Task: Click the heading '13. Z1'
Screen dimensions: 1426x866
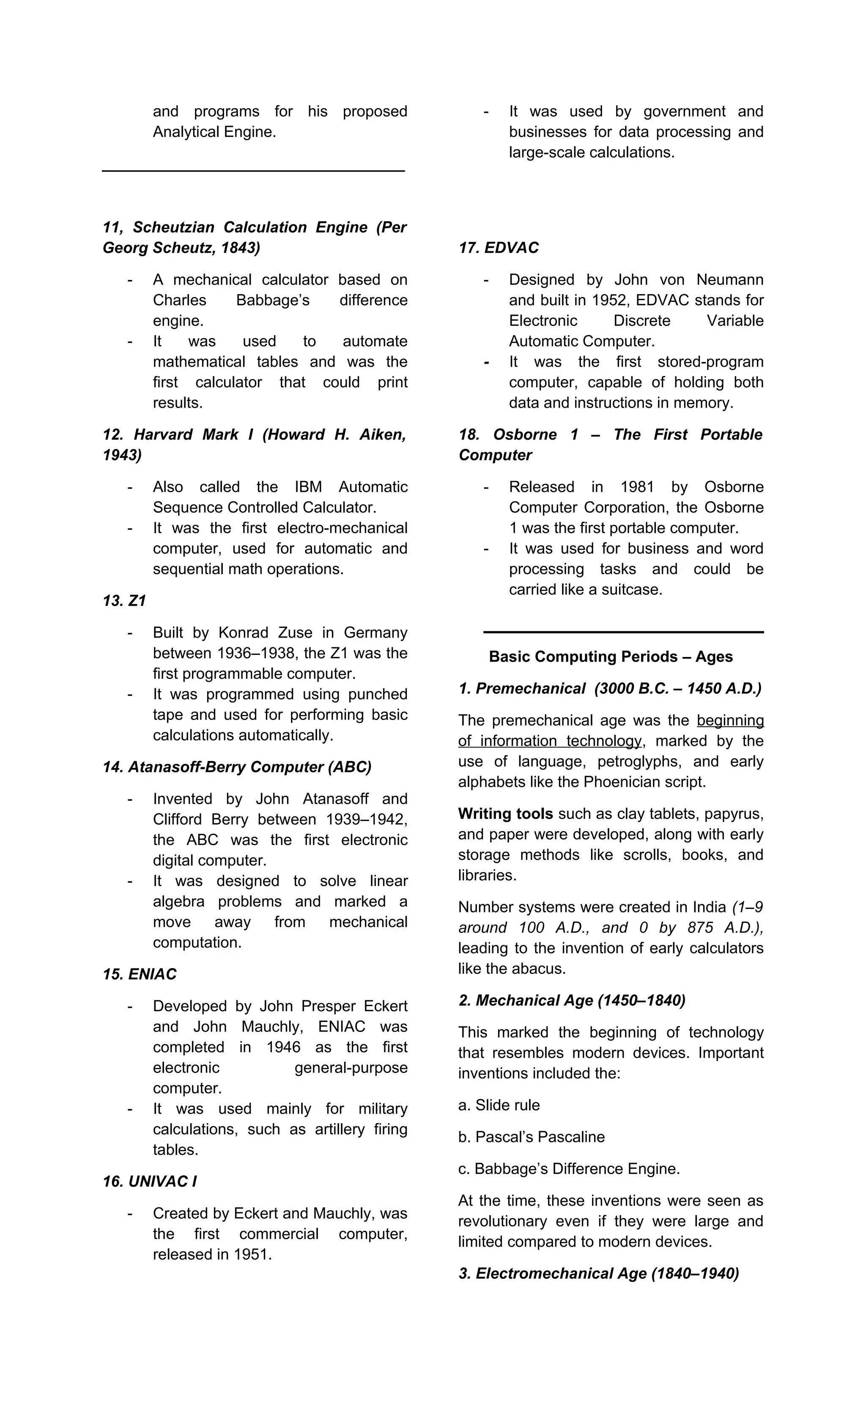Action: pos(124,601)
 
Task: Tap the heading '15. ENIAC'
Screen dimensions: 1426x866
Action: pos(140,974)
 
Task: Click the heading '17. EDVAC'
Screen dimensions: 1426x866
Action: pos(499,248)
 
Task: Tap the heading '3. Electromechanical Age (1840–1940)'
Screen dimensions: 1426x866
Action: pos(599,1273)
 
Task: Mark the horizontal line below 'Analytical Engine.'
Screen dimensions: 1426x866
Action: pos(254,171)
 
